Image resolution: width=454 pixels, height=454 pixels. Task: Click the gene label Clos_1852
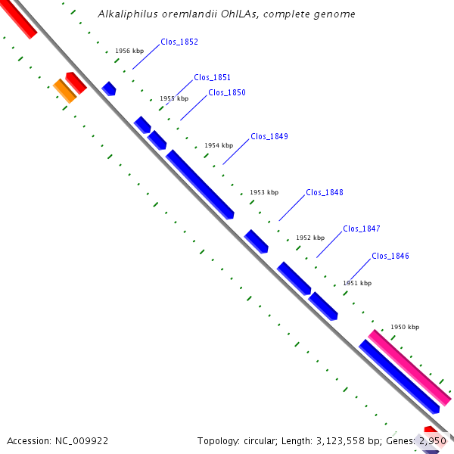tap(179, 42)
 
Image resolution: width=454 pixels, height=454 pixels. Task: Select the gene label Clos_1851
tap(213, 77)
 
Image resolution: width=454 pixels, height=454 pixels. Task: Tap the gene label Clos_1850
tap(227, 93)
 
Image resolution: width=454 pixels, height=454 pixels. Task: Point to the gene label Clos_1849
tap(269, 137)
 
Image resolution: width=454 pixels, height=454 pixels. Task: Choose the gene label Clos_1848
tap(325, 192)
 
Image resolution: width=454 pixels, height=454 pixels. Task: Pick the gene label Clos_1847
tap(362, 229)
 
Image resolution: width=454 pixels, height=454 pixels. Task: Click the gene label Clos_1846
tap(390, 257)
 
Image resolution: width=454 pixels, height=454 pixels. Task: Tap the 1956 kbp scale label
tap(129, 51)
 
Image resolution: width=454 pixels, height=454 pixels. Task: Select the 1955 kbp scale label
tap(174, 99)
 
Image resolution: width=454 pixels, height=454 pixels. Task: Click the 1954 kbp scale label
tap(219, 145)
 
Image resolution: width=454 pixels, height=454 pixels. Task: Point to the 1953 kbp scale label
tap(264, 192)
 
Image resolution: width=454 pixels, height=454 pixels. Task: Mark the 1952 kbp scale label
tap(309, 238)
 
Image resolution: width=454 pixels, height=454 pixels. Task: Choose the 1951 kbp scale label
tap(357, 283)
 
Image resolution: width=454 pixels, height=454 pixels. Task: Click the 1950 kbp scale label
tap(404, 328)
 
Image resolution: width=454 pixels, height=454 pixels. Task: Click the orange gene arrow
tap(64, 91)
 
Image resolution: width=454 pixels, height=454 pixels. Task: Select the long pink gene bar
tap(409, 367)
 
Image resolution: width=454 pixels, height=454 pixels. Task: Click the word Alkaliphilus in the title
tap(123, 14)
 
